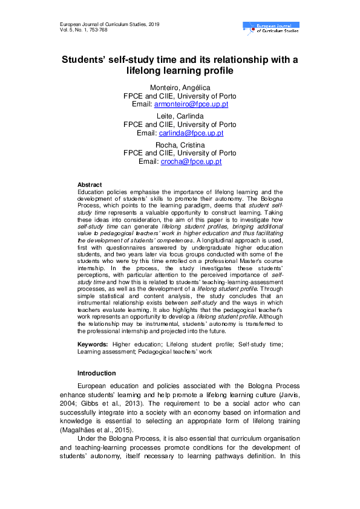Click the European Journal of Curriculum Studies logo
270,27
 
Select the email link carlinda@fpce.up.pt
191,133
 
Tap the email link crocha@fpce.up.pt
191,161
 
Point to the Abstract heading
90,184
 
